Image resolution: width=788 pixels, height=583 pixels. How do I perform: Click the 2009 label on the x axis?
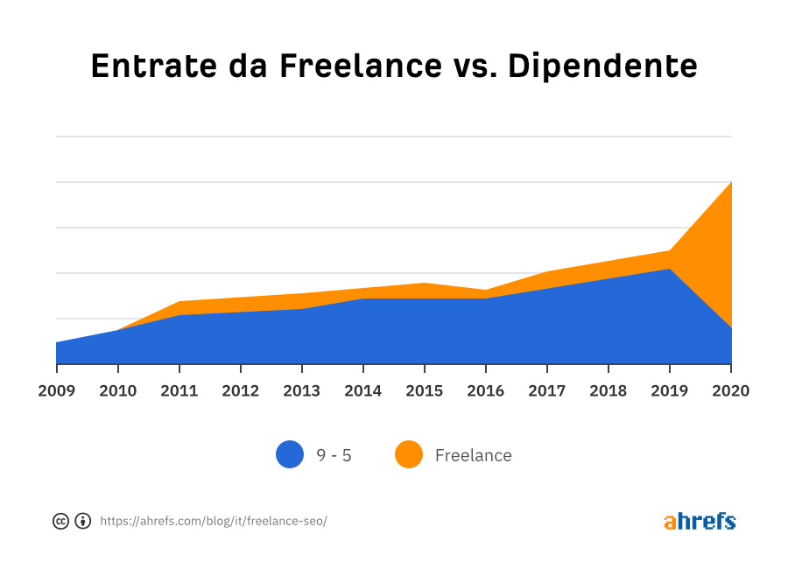coord(56,390)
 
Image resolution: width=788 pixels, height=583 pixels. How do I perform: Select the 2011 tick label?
coord(179,390)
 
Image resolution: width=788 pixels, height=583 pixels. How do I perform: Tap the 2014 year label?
coord(362,390)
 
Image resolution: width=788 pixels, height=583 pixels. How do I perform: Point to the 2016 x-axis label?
coord(485,390)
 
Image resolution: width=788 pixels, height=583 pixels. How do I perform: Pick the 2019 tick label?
coord(670,390)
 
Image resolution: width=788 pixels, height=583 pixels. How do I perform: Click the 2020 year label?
coord(730,390)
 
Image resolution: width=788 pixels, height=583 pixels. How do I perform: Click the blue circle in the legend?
coord(290,454)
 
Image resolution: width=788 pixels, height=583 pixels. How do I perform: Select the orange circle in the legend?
coord(408,454)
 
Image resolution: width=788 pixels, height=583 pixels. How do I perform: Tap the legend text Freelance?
coord(473,455)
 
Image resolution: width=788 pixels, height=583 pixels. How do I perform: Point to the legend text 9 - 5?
coord(334,455)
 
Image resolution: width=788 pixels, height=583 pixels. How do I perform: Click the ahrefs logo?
coord(700,521)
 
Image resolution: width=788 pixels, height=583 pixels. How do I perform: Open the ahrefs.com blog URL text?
coord(213,521)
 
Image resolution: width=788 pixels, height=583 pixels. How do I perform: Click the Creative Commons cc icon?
coord(61,521)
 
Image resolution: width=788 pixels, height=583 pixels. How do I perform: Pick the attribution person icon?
coord(82,521)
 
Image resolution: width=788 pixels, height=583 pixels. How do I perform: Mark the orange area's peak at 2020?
coord(730,183)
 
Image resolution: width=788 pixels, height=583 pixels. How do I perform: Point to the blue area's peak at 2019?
coord(670,270)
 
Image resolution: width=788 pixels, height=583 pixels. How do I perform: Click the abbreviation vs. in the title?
coord(476,67)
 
